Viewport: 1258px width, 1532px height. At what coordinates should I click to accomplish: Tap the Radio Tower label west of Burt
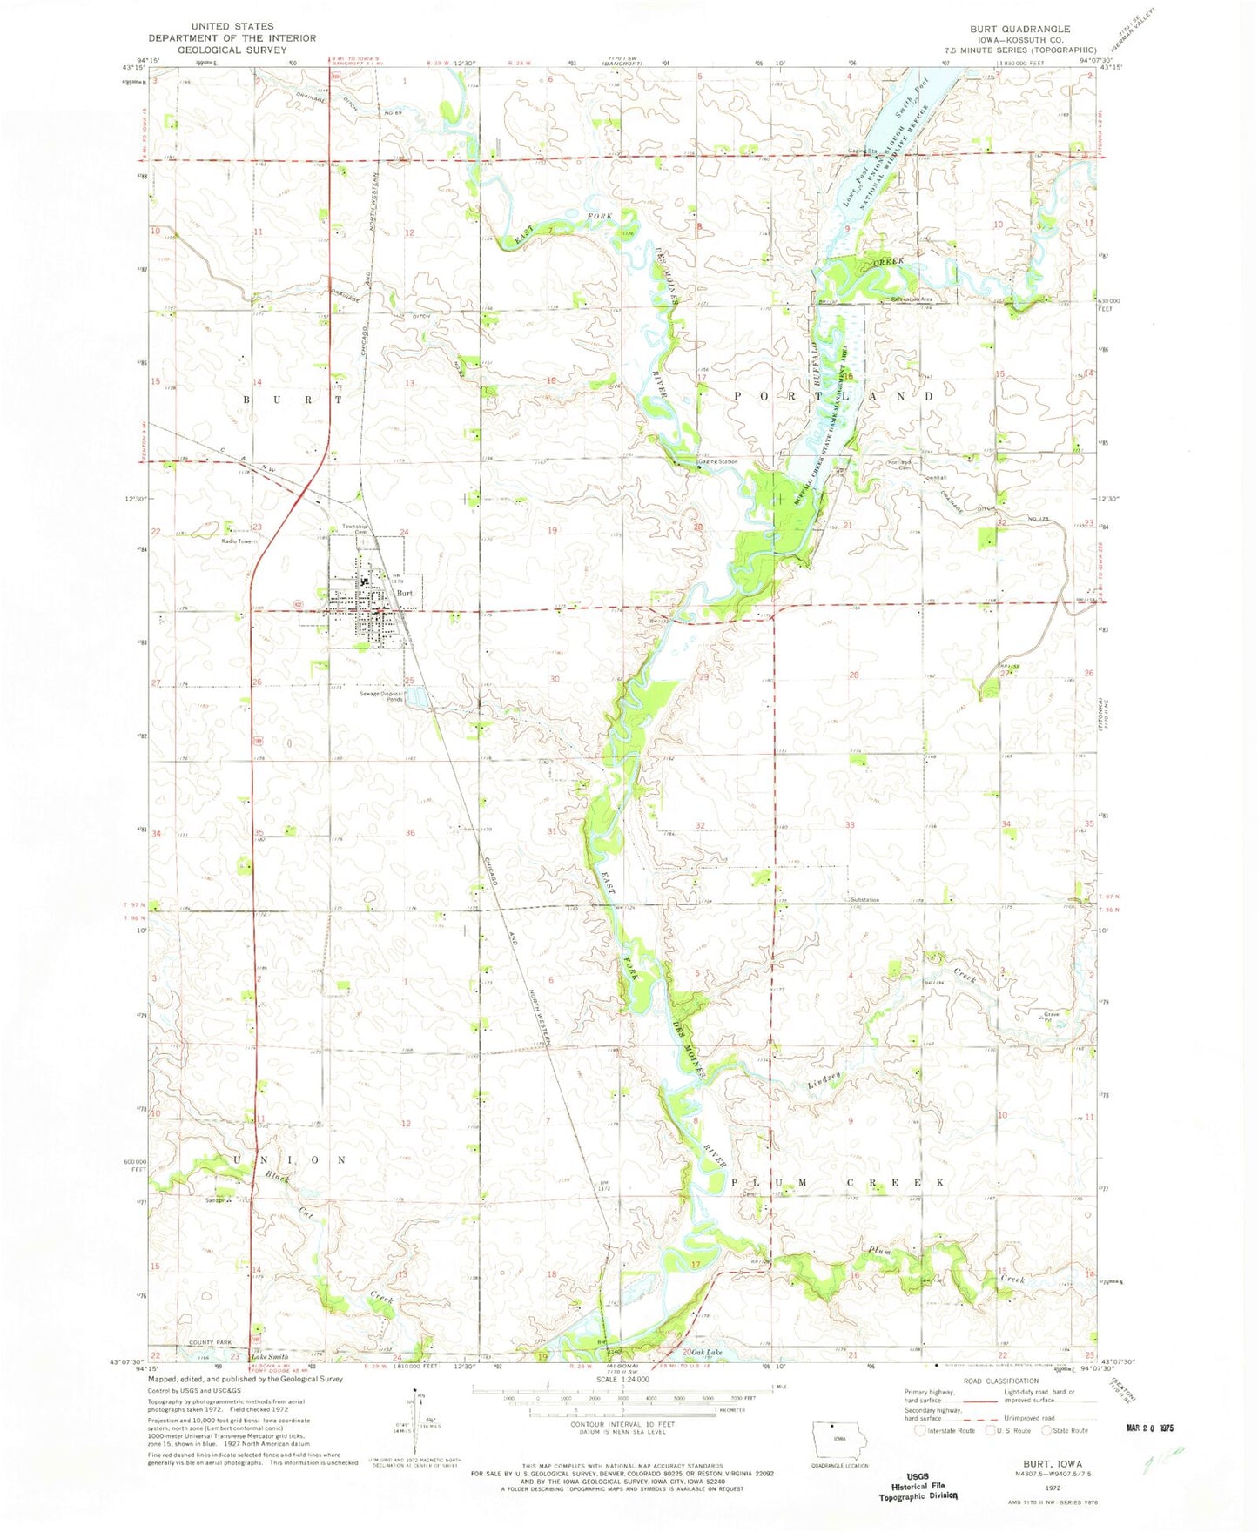236,541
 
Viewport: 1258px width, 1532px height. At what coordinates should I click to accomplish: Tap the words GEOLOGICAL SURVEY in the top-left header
232,50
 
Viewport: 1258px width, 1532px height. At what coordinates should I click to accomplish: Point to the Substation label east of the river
859,899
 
